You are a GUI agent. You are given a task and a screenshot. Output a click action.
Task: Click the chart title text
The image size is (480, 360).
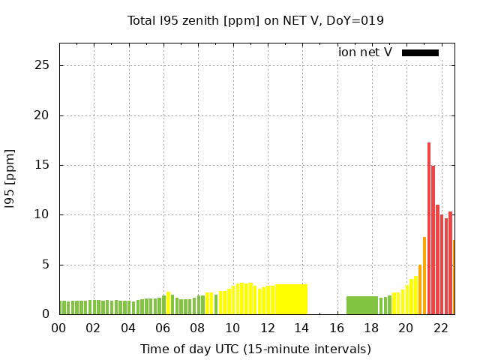tap(256, 20)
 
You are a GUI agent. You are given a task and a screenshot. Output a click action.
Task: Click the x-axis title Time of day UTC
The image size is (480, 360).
tap(255, 349)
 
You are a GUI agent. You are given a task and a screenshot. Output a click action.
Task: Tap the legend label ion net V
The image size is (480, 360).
tap(365, 52)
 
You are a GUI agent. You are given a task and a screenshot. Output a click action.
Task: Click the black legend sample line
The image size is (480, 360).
tap(420, 52)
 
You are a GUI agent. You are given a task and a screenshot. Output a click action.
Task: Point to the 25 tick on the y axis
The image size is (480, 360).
tap(42, 65)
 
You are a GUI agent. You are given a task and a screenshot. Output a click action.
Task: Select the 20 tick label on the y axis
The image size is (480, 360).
tap(42, 115)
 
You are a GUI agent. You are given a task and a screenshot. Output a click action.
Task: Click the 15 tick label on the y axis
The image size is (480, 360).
tap(42, 165)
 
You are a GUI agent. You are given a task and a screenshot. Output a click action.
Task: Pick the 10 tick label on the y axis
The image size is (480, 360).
tap(42, 214)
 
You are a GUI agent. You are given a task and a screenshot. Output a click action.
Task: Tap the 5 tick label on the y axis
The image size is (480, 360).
tap(46, 265)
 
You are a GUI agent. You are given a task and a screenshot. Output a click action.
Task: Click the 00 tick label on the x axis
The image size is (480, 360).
tap(58, 328)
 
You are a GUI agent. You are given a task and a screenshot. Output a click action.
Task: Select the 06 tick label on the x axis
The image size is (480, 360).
tap(163, 328)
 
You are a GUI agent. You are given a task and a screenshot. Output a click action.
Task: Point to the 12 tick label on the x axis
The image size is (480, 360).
tap(267, 328)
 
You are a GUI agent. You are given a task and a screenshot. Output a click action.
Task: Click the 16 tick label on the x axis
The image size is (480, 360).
tap(337, 328)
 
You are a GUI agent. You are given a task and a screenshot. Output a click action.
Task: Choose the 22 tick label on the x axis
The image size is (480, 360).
tap(441, 328)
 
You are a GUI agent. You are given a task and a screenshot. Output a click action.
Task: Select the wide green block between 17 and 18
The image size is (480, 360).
tap(362, 305)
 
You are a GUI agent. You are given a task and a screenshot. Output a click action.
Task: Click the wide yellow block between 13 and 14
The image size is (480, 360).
tap(291, 299)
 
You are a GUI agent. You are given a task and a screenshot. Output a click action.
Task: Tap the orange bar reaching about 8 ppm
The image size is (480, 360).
tap(424, 276)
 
